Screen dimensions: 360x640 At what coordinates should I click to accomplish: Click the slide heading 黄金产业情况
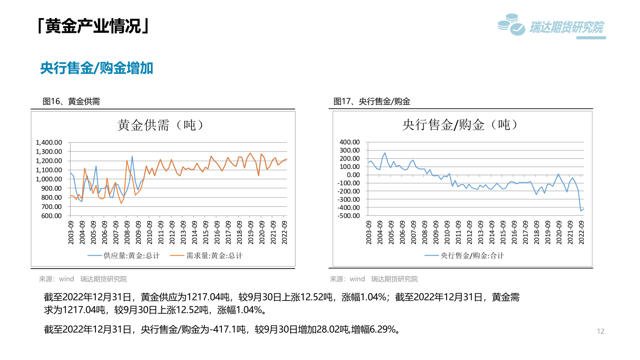pos(93,26)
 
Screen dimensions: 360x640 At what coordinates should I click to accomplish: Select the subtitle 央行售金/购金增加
pos(96,69)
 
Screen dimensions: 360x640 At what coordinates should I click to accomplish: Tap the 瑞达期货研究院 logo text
pos(566,28)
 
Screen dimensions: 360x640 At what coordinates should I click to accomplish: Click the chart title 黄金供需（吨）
pos(161,125)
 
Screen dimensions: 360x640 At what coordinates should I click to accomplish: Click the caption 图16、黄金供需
pos(72,102)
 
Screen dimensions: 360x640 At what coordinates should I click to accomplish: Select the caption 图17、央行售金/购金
pos(372,102)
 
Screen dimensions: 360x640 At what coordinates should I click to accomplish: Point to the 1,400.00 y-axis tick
pos(48,142)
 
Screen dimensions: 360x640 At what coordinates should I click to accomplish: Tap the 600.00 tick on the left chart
pos(52,216)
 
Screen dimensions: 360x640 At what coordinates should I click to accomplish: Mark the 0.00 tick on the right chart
pos(352,175)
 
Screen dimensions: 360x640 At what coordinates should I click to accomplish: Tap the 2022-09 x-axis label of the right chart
pos(582,232)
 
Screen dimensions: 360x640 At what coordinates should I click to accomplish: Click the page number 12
pos(600,331)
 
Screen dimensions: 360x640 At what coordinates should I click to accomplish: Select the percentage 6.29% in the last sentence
pos(383,330)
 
